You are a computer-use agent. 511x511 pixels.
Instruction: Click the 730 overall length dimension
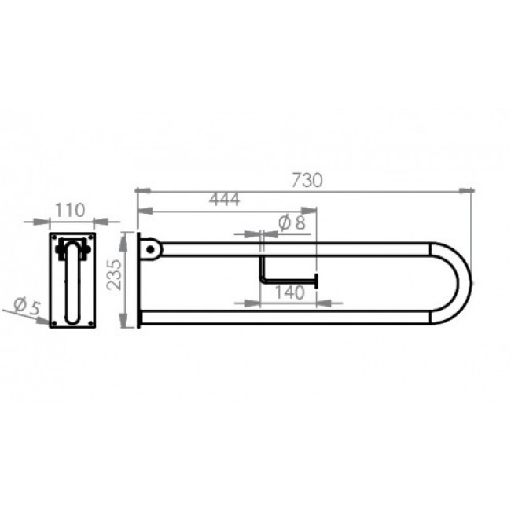click(307, 180)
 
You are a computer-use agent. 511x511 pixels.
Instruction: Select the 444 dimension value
click(225, 199)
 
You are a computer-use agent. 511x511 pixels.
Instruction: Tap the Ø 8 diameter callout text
click(292, 223)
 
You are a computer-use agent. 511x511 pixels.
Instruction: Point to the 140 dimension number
click(290, 292)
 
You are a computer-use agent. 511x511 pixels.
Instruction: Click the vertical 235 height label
click(115, 274)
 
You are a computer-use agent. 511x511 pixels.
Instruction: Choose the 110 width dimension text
click(70, 210)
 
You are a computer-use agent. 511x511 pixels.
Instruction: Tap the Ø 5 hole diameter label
click(28, 307)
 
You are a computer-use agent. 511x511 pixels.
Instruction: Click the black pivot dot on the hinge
click(150, 250)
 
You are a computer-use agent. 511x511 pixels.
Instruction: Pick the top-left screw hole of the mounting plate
click(54, 237)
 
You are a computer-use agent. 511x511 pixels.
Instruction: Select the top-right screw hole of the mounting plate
click(90, 237)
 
